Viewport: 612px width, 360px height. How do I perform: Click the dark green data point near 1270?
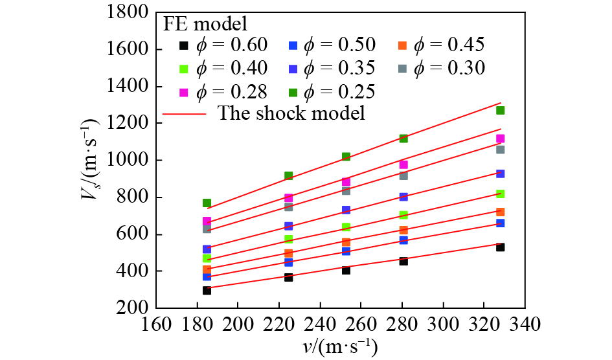click(x=501, y=110)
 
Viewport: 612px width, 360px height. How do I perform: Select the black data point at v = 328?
click(x=501, y=247)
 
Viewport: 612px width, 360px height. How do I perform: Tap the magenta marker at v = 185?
click(x=207, y=221)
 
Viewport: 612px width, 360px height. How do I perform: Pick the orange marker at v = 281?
click(x=403, y=230)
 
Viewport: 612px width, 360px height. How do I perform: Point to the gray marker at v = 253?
click(x=346, y=190)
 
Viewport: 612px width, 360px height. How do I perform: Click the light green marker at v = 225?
click(x=288, y=239)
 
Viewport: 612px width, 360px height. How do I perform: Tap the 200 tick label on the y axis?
click(x=135, y=308)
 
